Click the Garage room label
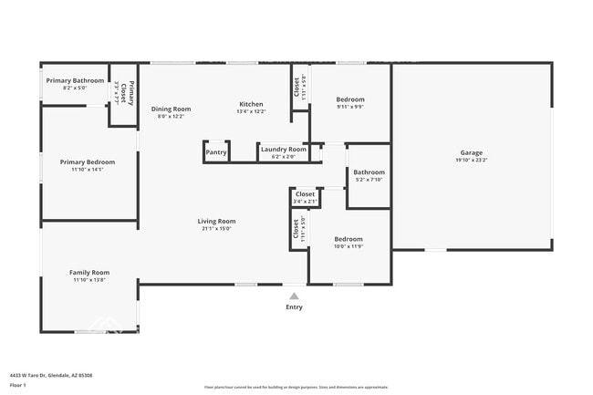click(x=471, y=152)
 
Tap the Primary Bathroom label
click(x=75, y=80)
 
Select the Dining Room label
click(x=171, y=109)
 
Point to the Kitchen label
click(x=251, y=103)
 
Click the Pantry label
click(x=216, y=152)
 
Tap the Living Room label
click(x=217, y=221)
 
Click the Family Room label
click(x=89, y=272)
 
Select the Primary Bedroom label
click(x=88, y=161)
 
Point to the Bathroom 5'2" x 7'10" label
click(x=369, y=172)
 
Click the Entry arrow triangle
click(x=294, y=296)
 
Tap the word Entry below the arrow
click(x=294, y=307)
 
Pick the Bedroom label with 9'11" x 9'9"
click(x=350, y=99)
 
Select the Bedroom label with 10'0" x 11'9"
click(x=349, y=239)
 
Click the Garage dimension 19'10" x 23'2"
click(x=471, y=160)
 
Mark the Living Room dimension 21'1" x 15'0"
click(x=217, y=228)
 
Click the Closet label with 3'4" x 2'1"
click(x=305, y=194)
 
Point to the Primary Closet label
click(x=130, y=91)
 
